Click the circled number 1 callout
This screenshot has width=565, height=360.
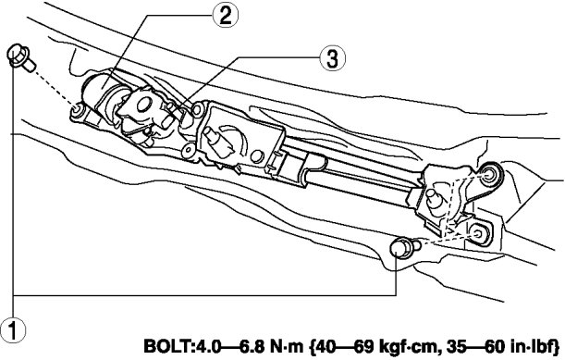pos(13,330)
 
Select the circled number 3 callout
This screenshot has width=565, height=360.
pos(332,59)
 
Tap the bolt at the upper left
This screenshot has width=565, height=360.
pos(20,58)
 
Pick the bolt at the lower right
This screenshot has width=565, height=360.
pos(405,247)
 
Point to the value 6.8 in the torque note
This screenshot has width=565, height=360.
pos(253,347)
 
